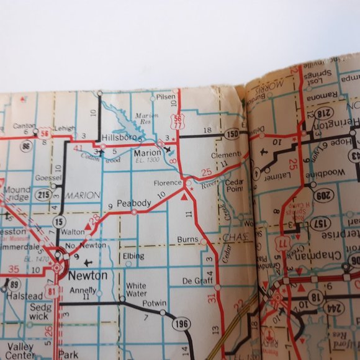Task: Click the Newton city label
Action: point(88,276)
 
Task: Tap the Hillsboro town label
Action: point(119,137)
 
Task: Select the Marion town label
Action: point(146,152)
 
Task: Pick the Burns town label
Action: point(187,239)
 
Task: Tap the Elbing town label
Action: point(133,255)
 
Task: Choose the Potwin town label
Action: point(155,304)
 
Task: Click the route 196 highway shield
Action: point(182,323)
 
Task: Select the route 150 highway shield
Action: point(232,134)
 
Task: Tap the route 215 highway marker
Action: point(43,194)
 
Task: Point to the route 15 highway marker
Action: point(59,222)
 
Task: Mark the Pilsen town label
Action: point(166,98)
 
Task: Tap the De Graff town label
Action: point(194,281)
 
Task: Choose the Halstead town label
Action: point(24,297)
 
